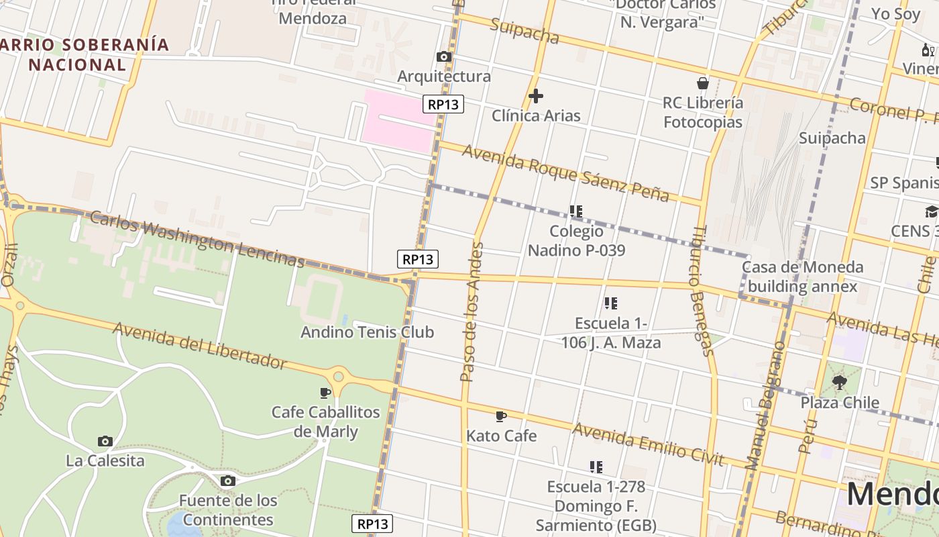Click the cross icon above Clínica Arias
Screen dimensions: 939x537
tap(535, 96)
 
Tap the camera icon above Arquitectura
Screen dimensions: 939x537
tap(443, 57)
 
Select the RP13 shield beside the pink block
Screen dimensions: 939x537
tap(443, 104)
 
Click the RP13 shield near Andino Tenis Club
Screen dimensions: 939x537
tap(418, 258)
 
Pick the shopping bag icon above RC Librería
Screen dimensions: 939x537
tap(703, 83)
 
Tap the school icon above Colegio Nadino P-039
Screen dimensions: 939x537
tap(575, 211)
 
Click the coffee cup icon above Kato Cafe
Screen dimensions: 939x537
tap(500, 416)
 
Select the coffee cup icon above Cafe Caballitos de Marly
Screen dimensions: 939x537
tap(325, 392)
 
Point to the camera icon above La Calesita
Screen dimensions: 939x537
tap(105, 441)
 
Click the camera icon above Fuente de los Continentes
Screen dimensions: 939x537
tap(228, 481)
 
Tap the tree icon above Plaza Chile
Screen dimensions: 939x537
tap(839, 383)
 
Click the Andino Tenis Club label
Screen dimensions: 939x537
tap(367, 332)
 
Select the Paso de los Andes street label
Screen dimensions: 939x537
tap(472, 312)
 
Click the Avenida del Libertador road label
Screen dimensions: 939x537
tap(200, 345)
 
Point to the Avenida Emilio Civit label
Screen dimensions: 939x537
tap(649, 444)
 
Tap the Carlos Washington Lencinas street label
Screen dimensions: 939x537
tap(197, 240)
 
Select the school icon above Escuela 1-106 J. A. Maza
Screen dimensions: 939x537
tap(610, 303)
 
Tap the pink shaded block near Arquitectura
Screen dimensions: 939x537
tap(398, 121)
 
